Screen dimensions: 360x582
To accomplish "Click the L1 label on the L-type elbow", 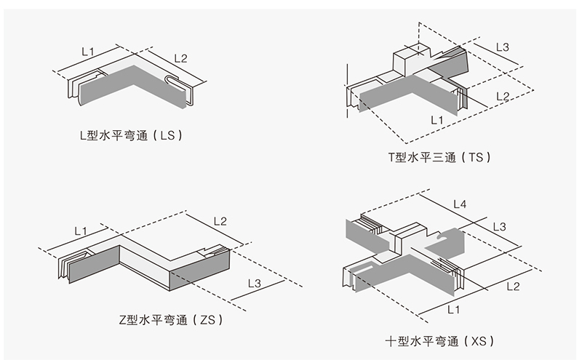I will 87,52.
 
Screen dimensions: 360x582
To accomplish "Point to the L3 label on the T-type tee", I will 503,47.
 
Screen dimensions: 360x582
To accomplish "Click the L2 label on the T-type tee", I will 503,95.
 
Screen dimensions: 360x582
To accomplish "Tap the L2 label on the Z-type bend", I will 220,221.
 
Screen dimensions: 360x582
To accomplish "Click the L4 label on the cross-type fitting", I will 460,204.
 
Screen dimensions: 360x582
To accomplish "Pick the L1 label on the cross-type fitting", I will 453,309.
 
